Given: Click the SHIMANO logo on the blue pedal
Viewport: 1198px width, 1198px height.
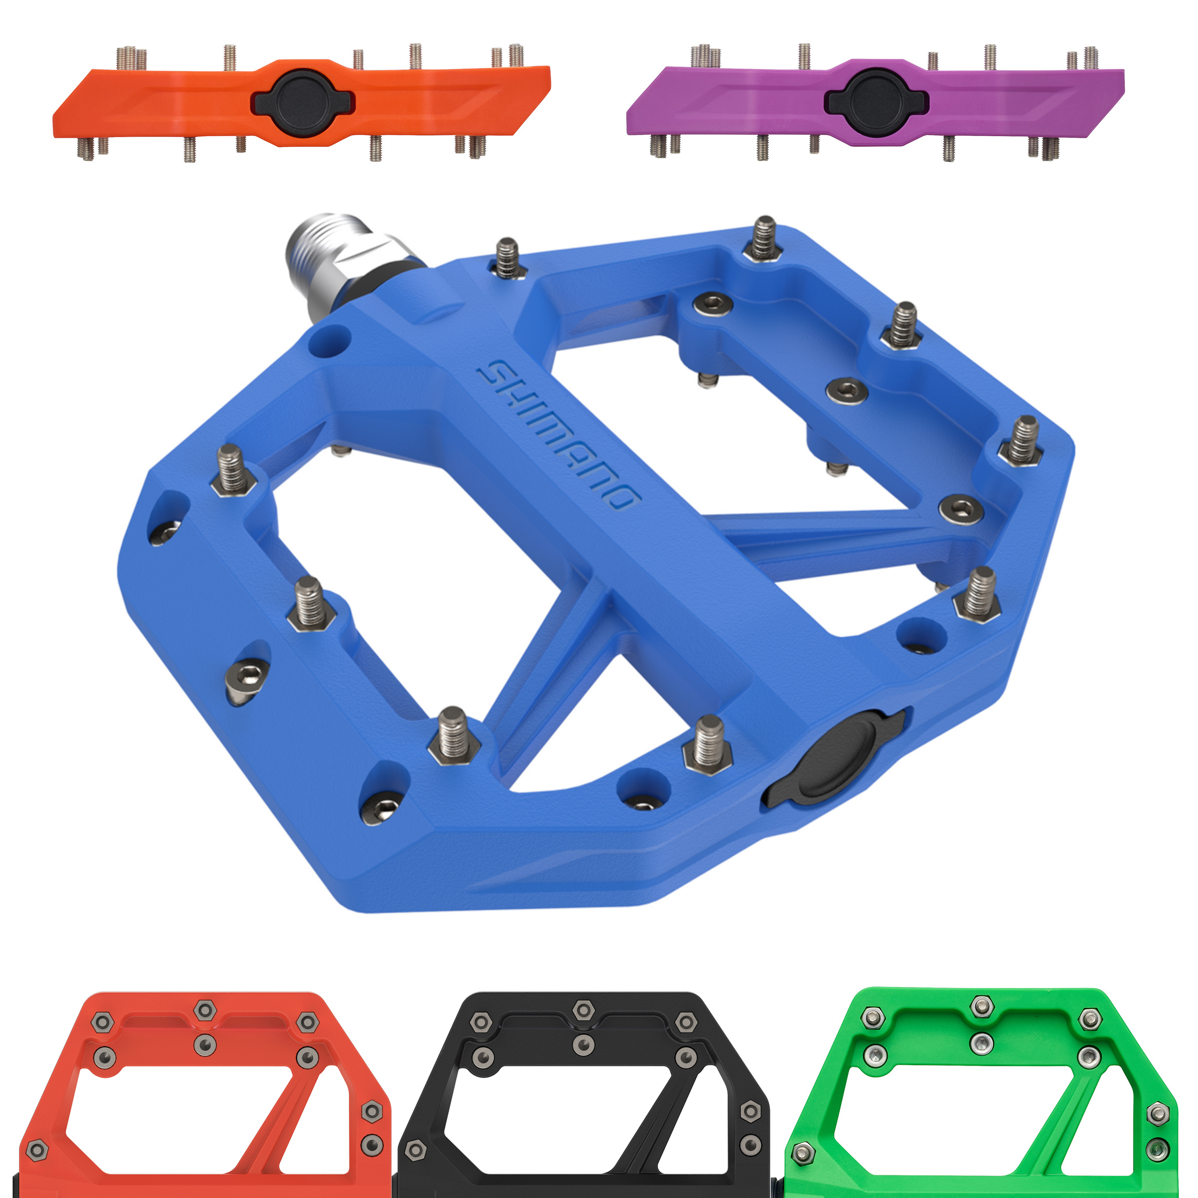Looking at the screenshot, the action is [558, 435].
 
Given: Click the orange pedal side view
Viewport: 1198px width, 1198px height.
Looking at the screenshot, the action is [301, 102].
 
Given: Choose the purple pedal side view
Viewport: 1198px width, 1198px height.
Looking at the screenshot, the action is [876, 102].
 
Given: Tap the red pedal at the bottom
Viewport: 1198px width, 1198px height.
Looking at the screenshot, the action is [205, 1095].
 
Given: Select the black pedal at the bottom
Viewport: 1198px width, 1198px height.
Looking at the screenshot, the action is [583, 1095].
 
